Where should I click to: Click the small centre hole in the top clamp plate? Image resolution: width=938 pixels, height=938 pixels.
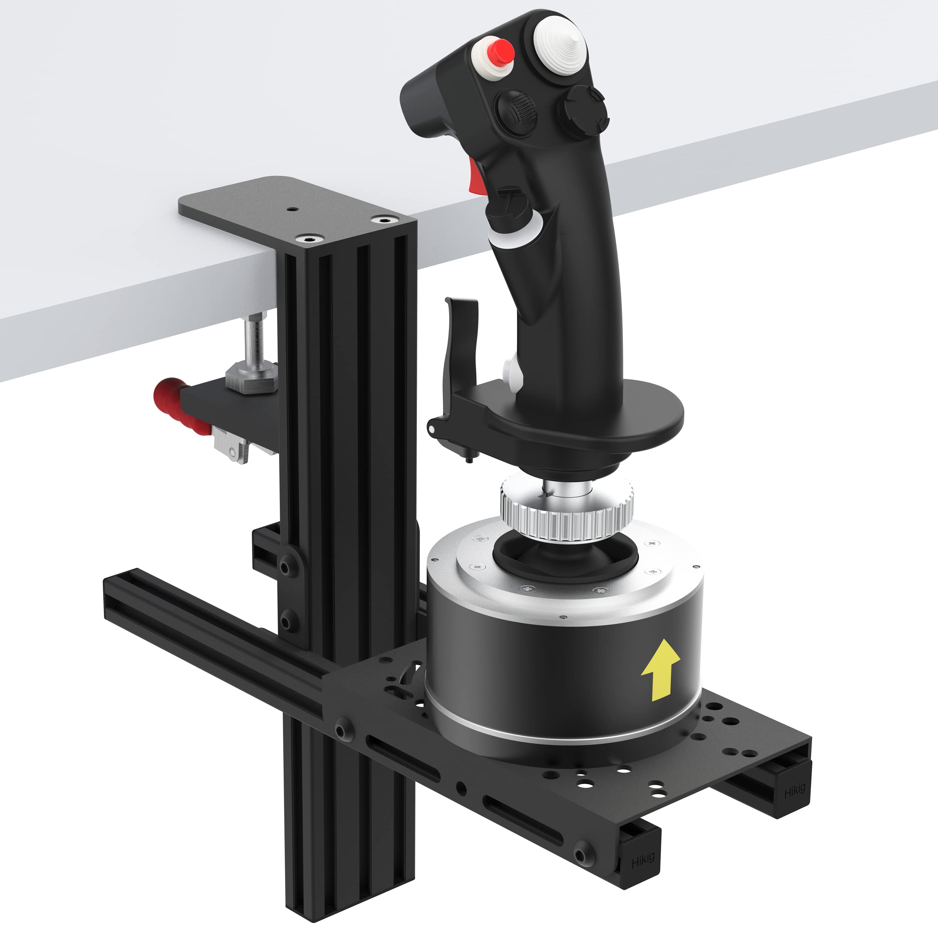(292, 209)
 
